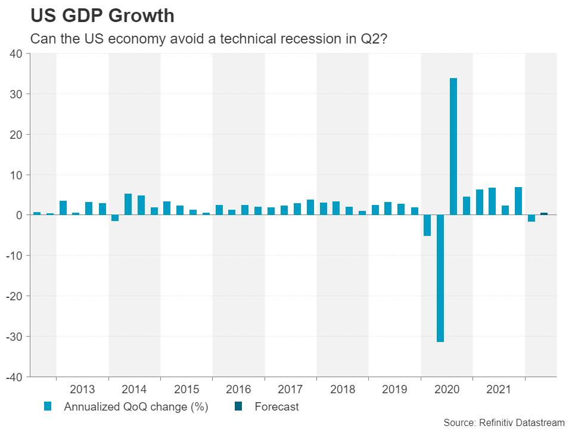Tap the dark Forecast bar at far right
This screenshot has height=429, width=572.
click(544, 213)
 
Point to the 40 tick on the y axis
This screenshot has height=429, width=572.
click(16, 54)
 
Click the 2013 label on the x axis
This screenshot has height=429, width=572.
click(82, 390)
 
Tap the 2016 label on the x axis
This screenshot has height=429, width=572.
click(238, 390)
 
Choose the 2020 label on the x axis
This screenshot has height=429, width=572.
click(447, 390)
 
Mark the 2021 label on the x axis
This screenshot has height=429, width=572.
click(499, 390)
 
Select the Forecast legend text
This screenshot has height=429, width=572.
click(276, 408)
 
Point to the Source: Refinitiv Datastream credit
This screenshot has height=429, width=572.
click(503, 422)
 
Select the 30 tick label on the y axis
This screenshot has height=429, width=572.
click(16, 94)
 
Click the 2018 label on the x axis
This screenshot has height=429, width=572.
click(343, 390)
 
